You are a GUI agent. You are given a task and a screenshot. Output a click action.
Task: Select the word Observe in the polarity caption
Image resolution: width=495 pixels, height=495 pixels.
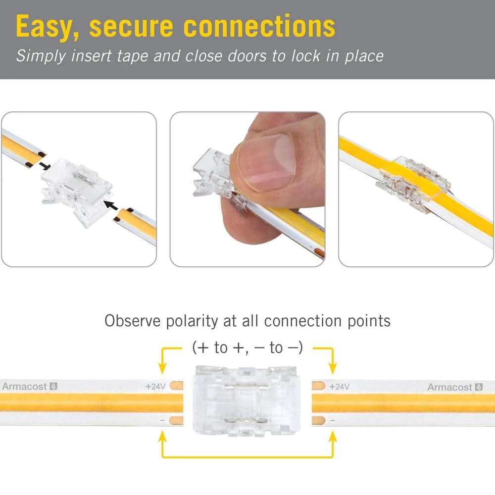[x=132, y=321]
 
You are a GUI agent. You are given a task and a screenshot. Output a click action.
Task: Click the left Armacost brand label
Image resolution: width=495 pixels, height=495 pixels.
[x=30, y=386]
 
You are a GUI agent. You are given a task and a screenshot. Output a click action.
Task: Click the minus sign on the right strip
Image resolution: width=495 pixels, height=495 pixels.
[x=333, y=420]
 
